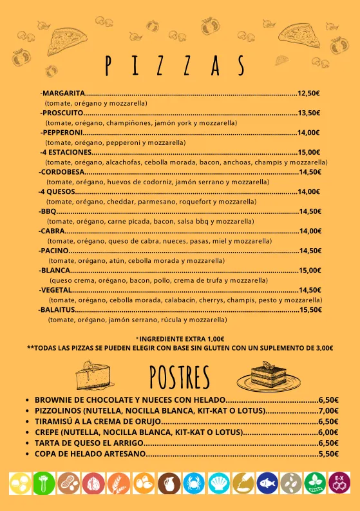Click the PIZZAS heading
coord(175,66)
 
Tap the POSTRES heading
coord(180,376)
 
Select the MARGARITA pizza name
coord(63,93)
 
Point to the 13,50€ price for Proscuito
coord(309,113)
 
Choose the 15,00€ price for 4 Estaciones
coord(309,153)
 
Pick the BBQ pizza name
coord(48,211)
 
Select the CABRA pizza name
coord(52,231)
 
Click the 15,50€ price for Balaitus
coord(311,310)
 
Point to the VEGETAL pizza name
coord(55,290)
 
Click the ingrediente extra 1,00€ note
coord(180,338)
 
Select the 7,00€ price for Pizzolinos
coord(328,410)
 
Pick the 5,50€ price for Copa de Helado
coord(328,454)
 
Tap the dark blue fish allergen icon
coord(267,483)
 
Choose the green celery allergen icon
coord(44,483)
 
